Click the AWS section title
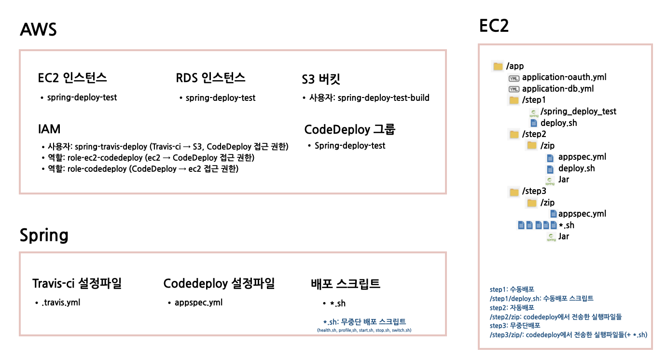tap(38, 30)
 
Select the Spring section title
tap(44, 235)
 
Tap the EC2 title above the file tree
tap(494, 26)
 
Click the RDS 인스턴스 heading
tap(210, 78)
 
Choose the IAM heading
tap(49, 129)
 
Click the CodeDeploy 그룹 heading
tap(350, 130)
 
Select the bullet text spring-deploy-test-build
tap(383, 98)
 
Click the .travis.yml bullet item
tap(60, 303)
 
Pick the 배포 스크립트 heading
tap(346, 284)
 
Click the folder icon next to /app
tap(498, 66)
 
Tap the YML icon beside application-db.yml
tap(514, 89)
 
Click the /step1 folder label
tap(534, 100)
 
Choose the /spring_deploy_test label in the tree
tap(578, 111)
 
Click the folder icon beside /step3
tap(514, 192)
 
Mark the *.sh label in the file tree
tap(567, 225)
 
